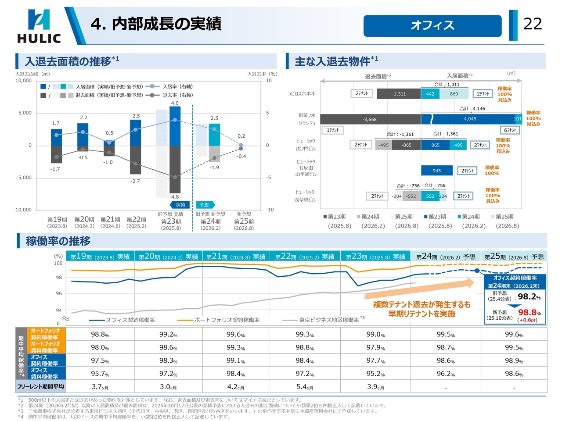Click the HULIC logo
click(x=39, y=26)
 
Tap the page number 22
click(x=533, y=24)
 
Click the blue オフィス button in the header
click(x=432, y=26)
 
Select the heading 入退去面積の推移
click(x=68, y=61)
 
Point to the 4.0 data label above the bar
click(x=175, y=103)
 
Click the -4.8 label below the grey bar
click(x=174, y=197)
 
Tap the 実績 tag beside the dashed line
click(x=180, y=205)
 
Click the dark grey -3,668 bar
click(x=370, y=119)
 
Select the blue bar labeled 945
click(x=436, y=171)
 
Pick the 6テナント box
click(x=510, y=130)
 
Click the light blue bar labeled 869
click(x=454, y=94)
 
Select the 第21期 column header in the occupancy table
click(x=235, y=257)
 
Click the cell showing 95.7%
click(x=100, y=374)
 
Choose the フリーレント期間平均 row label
click(x=40, y=387)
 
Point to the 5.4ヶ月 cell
click(x=304, y=387)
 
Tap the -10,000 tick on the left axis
click(x=22, y=210)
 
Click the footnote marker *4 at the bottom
click(x=21, y=417)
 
